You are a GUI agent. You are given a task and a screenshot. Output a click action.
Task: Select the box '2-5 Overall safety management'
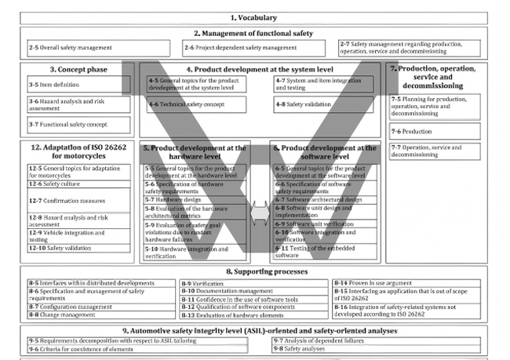(74, 48)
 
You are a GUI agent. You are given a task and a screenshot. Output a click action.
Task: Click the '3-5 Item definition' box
(74, 83)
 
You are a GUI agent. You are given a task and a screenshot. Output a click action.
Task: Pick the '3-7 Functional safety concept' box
(74, 123)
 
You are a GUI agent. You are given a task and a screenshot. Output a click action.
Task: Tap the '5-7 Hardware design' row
(196, 200)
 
